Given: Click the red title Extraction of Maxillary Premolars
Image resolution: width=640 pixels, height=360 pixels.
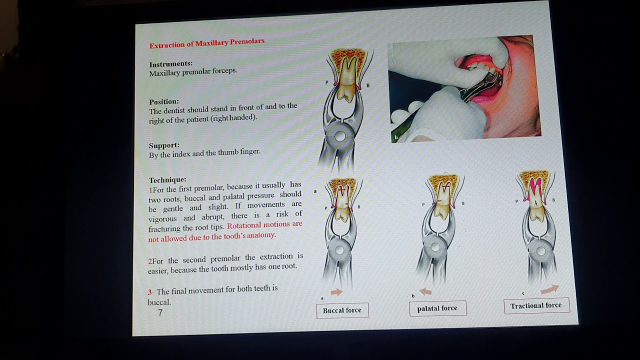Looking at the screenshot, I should point(206,43).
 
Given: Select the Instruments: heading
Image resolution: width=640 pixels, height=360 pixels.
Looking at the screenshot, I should point(170,64).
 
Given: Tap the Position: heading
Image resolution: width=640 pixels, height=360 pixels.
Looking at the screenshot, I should point(163,102).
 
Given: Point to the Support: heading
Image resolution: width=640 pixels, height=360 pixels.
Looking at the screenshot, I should point(164,145).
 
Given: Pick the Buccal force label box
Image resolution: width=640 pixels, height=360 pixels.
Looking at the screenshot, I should point(342,310).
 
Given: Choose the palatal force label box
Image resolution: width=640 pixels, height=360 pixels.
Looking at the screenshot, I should point(437,308).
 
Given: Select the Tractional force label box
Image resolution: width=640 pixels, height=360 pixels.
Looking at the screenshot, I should point(536,305).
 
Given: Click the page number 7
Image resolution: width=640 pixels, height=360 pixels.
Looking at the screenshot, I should point(160,313).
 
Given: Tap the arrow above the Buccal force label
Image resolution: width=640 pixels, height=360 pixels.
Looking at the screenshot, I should point(336,292).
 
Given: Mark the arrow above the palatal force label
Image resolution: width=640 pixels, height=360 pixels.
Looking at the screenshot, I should point(425,291).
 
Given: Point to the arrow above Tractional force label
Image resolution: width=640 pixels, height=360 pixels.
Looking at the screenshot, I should point(549,289).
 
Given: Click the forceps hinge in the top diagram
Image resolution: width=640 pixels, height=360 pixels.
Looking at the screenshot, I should point(340,136).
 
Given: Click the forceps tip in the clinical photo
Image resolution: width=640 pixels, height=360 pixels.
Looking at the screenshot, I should point(492,76).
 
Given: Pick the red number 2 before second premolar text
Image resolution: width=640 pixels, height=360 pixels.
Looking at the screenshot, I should point(150,261).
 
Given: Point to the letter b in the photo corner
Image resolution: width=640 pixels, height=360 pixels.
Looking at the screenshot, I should point(396,137).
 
